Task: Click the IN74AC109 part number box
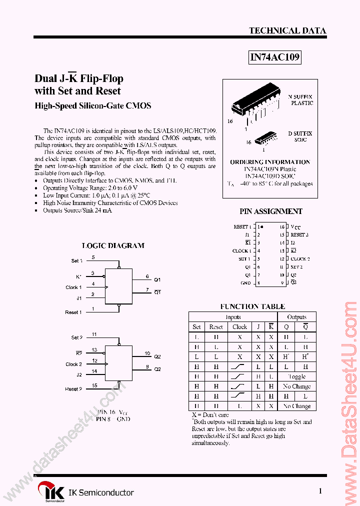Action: [274, 57]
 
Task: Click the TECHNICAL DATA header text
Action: [287, 30]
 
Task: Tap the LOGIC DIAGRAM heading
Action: [113, 245]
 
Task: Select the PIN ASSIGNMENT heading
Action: [270, 211]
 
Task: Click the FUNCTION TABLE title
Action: [252, 306]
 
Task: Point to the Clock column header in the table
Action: [239, 327]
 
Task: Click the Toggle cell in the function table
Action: [296, 376]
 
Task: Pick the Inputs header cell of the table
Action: [233, 317]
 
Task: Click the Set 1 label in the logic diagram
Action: [76, 261]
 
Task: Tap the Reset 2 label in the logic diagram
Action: [73, 388]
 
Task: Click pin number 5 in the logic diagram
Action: [93, 257]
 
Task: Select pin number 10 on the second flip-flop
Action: [147, 353]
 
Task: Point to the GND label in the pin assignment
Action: [245, 283]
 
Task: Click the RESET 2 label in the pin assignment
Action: [300, 234]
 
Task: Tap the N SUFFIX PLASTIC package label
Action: [301, 99]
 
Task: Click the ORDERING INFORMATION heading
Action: [270, 162]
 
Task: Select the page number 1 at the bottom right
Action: [320, 491]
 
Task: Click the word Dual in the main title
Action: [45, 78]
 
